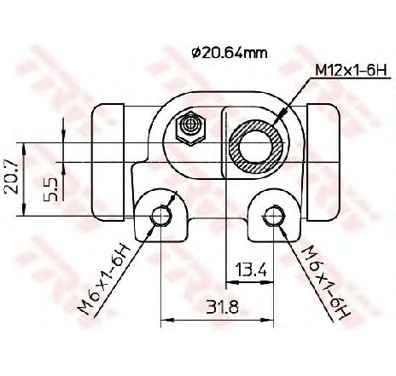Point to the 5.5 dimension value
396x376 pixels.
tap(51, 186)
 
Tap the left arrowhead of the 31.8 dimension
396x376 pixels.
tap(165, 321)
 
